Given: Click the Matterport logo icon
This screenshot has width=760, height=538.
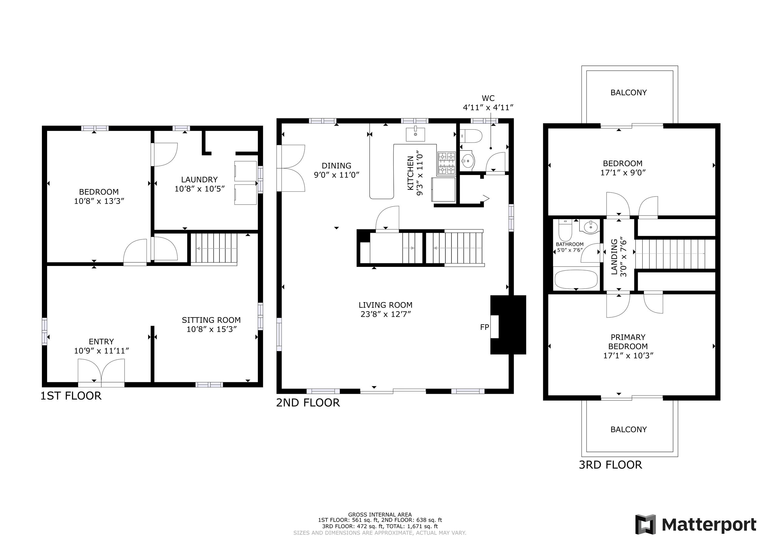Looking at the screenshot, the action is (645, 524).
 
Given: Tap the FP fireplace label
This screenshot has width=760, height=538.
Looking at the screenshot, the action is (484, 327).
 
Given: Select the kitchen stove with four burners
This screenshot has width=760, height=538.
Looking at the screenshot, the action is (447, 163).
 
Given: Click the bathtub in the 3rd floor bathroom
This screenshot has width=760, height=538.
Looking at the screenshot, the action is (576, 280).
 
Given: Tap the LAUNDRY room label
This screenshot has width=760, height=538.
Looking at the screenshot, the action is (199, 180).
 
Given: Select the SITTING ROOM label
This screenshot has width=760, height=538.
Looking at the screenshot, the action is (211, 320).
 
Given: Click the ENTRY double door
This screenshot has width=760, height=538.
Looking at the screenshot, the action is (101, 373).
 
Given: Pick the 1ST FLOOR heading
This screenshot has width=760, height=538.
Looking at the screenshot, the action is (71, 396).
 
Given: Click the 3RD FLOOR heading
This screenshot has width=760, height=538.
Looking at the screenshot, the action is (610, 465).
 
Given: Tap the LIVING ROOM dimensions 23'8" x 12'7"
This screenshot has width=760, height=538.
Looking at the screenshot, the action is (386, 314).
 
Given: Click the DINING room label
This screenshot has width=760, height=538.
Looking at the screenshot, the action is (337, 166).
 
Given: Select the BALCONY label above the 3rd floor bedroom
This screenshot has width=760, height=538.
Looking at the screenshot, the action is (629, 93).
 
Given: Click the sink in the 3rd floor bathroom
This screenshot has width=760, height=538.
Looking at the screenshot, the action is (589, 227).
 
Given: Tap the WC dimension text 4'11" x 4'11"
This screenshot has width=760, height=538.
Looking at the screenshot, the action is (488, 107).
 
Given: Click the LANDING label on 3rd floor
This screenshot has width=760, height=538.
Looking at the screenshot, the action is (614, 257).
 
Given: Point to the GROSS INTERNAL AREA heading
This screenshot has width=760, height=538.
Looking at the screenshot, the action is (380, 515).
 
